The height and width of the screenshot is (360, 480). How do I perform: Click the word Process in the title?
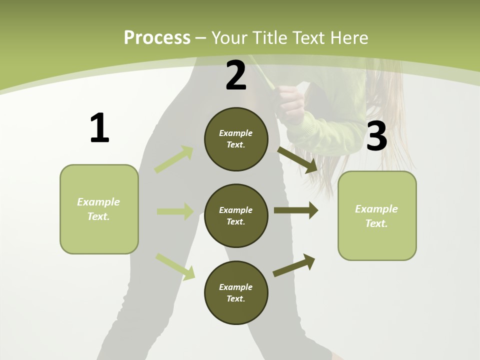[x=157, y=37]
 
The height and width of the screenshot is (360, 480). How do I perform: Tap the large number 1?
[x=99, y=128]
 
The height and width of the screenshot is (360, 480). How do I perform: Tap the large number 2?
[x=236, y=75]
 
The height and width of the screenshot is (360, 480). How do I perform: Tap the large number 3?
[x=376, y=136]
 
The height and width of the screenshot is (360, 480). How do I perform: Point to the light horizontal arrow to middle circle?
[x=175, y=211]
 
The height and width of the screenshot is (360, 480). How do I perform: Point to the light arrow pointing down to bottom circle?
[x=175, y=266]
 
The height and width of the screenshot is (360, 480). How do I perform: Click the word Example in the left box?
[x=98, y=202]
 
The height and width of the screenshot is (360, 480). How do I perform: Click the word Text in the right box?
[x=376, y=223]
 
